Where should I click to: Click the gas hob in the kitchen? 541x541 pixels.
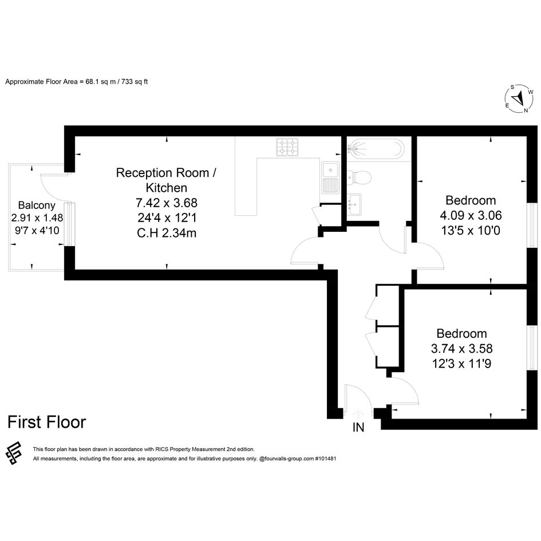coord(287,147)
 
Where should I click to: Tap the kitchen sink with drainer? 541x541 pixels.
coord(330,177)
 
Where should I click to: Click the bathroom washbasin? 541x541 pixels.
coord(354,204)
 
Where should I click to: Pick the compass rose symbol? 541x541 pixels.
coord(519,99)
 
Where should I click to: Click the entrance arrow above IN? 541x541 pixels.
coord(358,413)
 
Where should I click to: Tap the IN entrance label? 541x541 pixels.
coord(358,428)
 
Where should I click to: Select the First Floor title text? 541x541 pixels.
coord(46,422)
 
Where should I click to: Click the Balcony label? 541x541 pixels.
coord(37,206)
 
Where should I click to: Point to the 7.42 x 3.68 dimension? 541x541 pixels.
coord(167,203)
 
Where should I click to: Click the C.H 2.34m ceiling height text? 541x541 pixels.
coord(167,233)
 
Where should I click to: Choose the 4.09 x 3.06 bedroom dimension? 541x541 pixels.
coord(471,215)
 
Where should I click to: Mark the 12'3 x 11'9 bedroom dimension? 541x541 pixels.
coord(461,364)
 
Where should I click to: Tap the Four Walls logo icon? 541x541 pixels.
coord(14,453)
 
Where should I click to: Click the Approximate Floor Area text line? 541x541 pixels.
coord(77,82)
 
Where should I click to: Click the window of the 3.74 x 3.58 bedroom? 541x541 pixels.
coord(533,348)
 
